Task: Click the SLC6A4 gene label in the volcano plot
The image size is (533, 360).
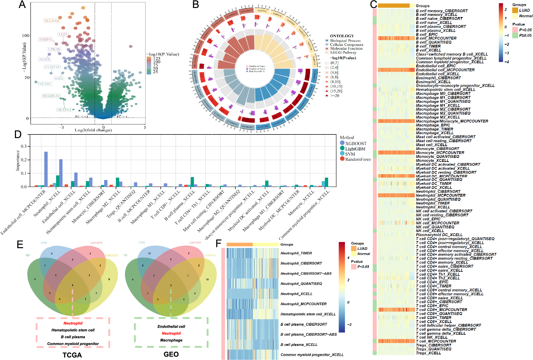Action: pos(52,21)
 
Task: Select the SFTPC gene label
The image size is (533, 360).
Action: pos(45,84)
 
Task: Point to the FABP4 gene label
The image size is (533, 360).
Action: pos(45,39)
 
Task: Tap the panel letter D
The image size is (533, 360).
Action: pos(18,134)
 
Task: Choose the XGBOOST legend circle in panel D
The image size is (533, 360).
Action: pos(342,143)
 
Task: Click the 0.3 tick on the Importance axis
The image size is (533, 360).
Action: pos(24,146)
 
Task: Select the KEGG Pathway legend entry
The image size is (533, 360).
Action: pos(343,52)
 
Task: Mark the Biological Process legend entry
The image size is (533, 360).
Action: pos(345,40)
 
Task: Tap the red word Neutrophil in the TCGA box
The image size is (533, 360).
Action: pos(73,323)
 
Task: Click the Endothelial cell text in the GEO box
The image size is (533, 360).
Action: pos(171,326)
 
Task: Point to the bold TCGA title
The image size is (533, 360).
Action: pos(72,355)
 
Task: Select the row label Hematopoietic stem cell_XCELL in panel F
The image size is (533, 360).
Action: pos(308,314)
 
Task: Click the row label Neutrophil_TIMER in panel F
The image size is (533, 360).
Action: pos(296,253)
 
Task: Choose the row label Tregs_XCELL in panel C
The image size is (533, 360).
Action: pos(428,353)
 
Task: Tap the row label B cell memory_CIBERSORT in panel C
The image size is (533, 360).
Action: pos(442,11)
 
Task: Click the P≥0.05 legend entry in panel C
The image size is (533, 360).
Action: pos(525,35)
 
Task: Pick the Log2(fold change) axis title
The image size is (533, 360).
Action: pos(93,130)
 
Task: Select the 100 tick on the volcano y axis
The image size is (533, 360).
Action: pos(26,36)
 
